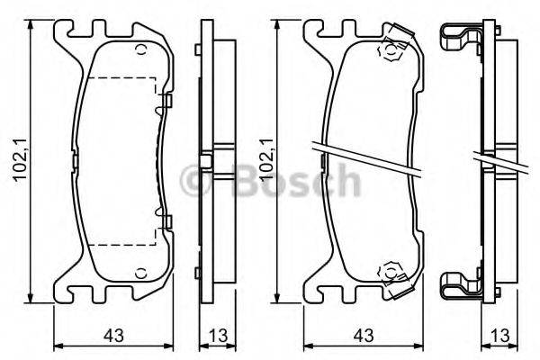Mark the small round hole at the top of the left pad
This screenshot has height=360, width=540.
(x=140, y=49)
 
